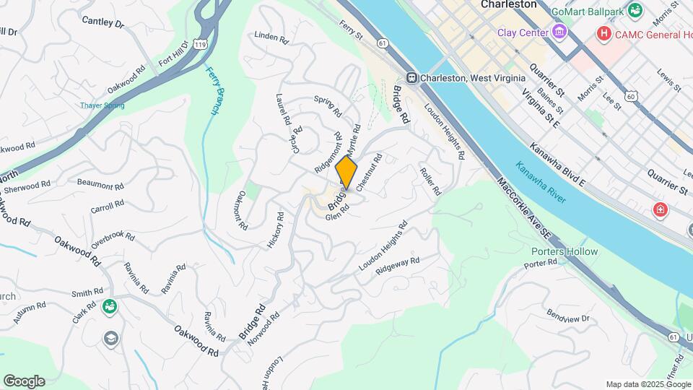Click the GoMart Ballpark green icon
tap(635, 10)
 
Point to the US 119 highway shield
tap(198, 45)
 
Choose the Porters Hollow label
tap(565, 251)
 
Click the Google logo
tap(24, 381)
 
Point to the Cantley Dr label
tap(103, 23)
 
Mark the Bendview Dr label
tap(568, 317)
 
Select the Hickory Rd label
tap(276, 230)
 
